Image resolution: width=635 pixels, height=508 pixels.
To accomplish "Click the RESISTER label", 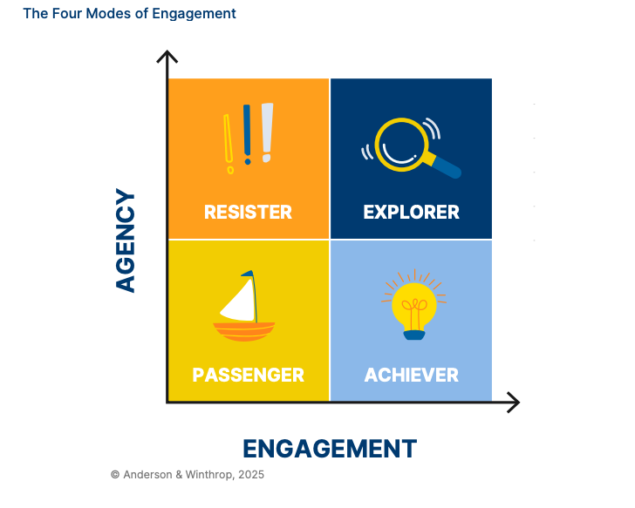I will (x=248, y=213).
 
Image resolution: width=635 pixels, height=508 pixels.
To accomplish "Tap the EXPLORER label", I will (x=411, y=213).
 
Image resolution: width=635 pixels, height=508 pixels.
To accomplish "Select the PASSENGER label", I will (x=248, y=376).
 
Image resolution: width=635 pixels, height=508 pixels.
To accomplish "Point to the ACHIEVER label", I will (x=411, y=376).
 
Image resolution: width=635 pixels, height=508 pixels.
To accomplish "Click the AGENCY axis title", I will (x=126, y=240).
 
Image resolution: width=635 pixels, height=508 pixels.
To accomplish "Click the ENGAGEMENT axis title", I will (x=330, y=449).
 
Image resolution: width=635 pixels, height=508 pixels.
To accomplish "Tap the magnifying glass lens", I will (x=401, y=143).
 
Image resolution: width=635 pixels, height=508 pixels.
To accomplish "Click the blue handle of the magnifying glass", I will (x=446, y=166).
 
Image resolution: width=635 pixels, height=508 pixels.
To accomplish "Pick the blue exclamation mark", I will (x=248, y=132).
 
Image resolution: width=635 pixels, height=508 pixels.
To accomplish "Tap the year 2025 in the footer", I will (x=250, y=475).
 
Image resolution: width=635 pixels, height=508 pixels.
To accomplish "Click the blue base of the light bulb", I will (x=413, y=334).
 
